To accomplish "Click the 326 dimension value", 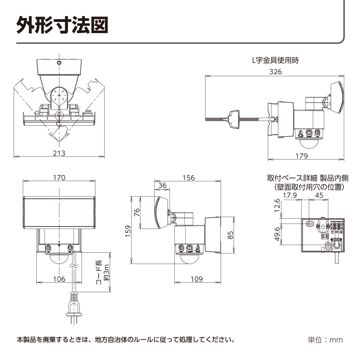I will [275, 71].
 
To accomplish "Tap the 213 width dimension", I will [59, 153].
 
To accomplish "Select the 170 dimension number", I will [59, 177].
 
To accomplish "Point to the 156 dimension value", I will [188, 177].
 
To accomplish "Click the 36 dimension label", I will [162, 185].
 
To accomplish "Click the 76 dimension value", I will [137, 212].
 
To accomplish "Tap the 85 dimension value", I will [231, 235].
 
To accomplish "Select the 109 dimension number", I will [196, 279].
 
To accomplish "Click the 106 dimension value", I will [59, 279].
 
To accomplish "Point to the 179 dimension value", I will [301, 156].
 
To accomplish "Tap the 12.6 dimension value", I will [276, 206].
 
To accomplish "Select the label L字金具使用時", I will [275, 60].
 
